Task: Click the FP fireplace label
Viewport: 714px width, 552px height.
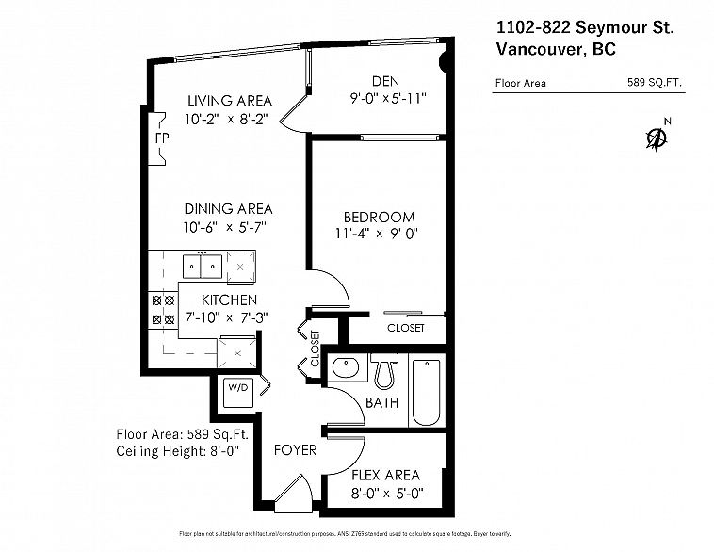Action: [x=162, y=138]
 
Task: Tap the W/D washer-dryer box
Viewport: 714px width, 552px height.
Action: [x=238, y=393]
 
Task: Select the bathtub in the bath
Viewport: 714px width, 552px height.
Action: [x=426, y=392]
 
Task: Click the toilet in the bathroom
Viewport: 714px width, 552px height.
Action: [x=384, y=370]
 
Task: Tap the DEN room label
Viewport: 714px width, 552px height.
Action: [x=385, y=82]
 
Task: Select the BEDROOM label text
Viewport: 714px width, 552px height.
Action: [x=379, y=217]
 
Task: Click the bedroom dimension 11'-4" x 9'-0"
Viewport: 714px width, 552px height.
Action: [x=377, y=234]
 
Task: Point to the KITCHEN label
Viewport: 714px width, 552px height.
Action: [x=229, y=300]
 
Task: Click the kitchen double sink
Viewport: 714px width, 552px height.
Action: [x=203, y=267]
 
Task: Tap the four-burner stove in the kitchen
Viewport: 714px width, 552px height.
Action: [x=163, y=310]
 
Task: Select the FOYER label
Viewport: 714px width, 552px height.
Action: [x=295, y=450]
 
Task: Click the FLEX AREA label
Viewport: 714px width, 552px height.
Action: [x=385, y=476]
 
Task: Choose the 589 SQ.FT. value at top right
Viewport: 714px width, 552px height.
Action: [x=655, y=83]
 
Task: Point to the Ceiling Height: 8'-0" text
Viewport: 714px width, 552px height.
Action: [x=178, y=451]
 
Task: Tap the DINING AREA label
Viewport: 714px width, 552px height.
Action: [x=228, y=209]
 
